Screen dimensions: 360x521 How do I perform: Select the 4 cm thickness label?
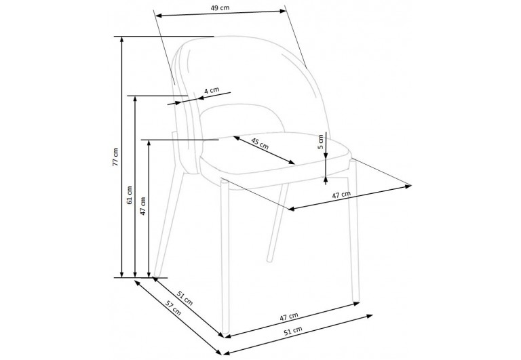tap(212, 90)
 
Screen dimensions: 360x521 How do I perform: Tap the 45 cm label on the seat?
tap(260, 143)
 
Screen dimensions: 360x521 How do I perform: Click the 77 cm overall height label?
tap(116, 157)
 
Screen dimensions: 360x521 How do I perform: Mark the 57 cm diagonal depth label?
tap(174, 313)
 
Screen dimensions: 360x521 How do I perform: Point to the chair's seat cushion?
tap(271, 163)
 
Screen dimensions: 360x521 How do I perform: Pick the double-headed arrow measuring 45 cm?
tap(265, 150)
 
